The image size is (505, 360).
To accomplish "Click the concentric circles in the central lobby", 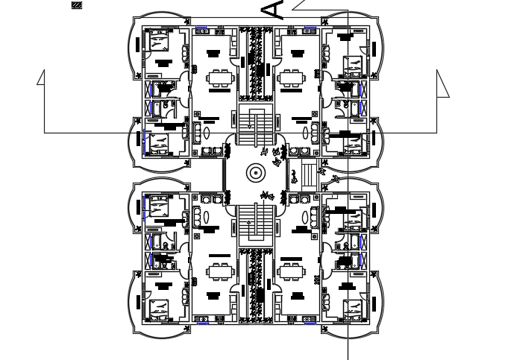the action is [255, 173].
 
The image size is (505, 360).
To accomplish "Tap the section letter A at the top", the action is [275, 10].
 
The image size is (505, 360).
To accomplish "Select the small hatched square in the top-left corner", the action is [77, 5].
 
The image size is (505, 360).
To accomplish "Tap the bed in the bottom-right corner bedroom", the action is [351, 307].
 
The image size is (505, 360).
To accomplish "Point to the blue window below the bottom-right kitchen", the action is [310, 323].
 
